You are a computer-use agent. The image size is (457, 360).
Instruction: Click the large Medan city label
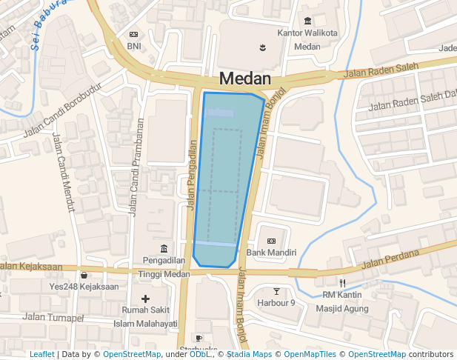point(244,79)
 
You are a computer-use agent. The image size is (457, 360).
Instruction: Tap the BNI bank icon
point(133,35)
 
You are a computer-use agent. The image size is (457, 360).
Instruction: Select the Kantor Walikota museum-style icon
point(307,21)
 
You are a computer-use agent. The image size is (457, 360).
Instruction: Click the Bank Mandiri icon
point(271,241)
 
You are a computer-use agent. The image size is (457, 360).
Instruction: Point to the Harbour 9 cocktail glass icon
point(276,291)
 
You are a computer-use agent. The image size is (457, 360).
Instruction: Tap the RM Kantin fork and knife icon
point(342,283)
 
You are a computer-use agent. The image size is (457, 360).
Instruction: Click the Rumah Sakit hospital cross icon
point(145,299)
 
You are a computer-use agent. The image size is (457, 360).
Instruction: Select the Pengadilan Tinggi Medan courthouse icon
point(163,248)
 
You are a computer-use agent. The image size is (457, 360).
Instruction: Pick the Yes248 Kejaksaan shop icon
point(84,275)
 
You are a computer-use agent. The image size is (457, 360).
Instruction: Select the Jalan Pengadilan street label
point(192,176)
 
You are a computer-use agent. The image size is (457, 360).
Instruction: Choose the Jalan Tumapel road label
point(53,318)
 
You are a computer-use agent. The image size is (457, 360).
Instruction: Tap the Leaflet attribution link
point(42,355)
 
